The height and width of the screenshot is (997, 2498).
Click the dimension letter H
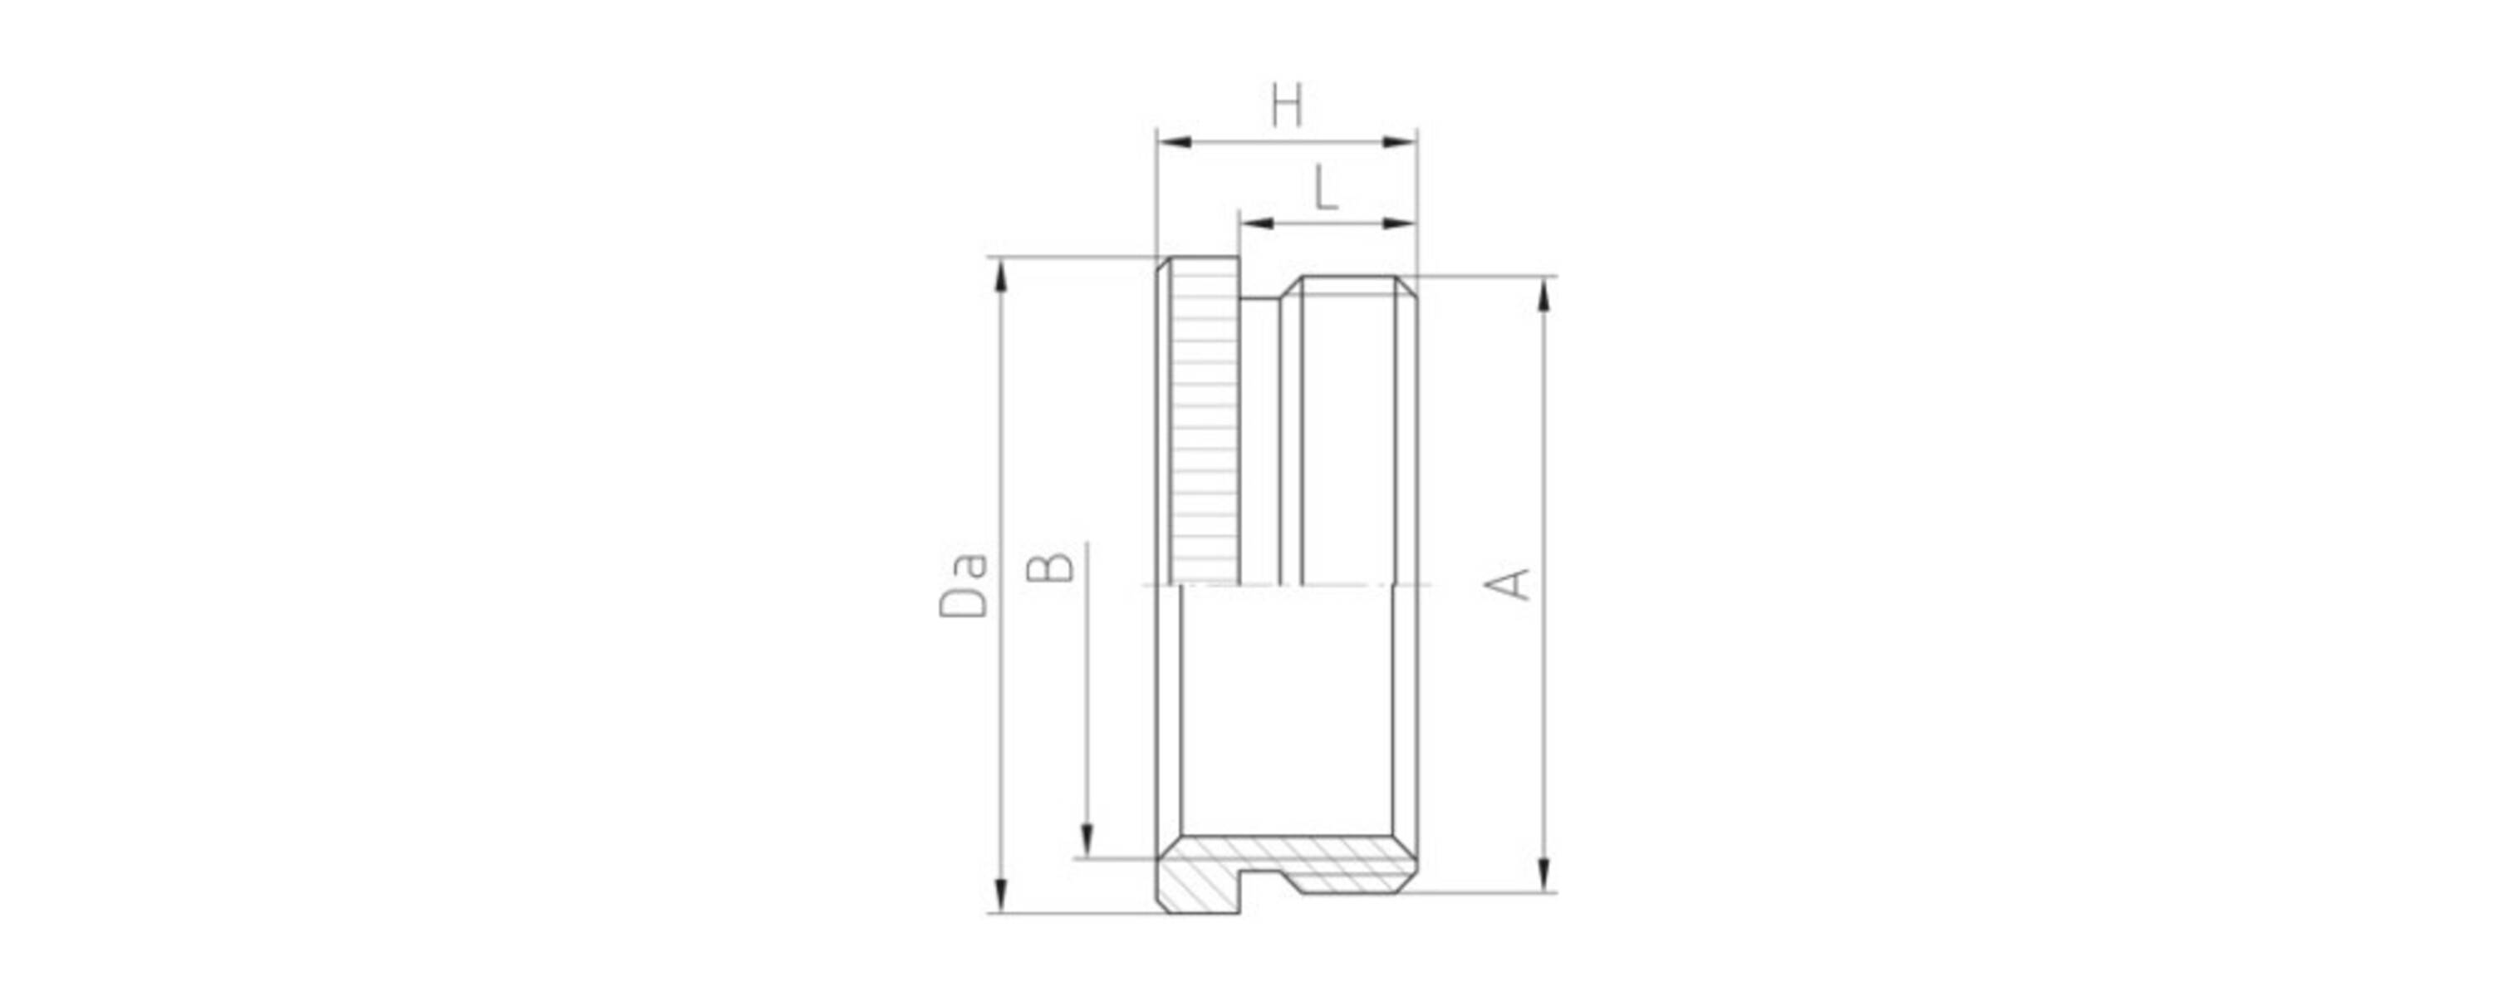(x=1286, y=106)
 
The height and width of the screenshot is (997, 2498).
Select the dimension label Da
(x=963, y=585)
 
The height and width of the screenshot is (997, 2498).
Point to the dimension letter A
(x=1508, y=584)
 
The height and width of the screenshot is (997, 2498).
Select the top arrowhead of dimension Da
(x=1002, y=277)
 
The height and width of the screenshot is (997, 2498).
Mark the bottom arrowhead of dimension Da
(x=1002, y=893)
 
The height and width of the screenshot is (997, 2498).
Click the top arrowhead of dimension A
(x=1545, y=295)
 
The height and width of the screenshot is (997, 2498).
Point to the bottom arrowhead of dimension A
(x=1545, y=874)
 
